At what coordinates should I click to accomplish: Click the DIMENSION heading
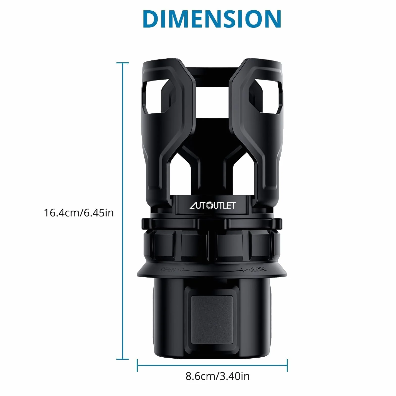tap(212, 19)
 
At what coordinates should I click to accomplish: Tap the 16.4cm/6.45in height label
tap(79, 213)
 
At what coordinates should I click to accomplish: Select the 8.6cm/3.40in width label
tap(218, 376)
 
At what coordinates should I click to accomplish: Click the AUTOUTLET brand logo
tap(212, 205)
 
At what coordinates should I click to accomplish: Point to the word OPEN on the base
tap(168, 269)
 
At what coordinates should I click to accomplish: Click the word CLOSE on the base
tap(258, 269)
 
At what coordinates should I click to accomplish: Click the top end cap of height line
tap(123, 63)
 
